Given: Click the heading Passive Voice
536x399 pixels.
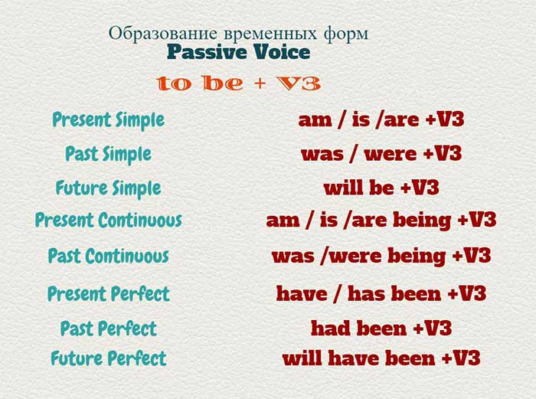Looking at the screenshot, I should click(x=238, y=52).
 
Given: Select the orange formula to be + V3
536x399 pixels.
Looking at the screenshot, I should click(x=238, y=83).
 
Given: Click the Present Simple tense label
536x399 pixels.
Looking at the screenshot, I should click(x=108, y=119).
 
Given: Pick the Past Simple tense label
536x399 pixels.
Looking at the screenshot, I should click(x=108, y=153).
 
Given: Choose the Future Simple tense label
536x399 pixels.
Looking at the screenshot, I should click(x=108, y=188).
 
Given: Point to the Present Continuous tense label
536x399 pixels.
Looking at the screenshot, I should click(x=108, y=221).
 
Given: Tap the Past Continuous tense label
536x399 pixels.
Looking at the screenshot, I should click(x=108, y=255).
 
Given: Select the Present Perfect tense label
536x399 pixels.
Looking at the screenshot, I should click(x=108, y=293).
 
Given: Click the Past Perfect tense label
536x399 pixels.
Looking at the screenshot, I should click(x=108, y=329).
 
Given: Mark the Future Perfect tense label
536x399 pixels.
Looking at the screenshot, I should click(x=108, y=358).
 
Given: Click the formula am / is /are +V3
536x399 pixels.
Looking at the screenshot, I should click(x=381, y=120).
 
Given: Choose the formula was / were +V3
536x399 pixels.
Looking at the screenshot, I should click(x=381, y=153).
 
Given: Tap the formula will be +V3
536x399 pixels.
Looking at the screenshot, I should click(x=381, y=188).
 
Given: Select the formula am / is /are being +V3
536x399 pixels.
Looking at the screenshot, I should click(x=381, y=221).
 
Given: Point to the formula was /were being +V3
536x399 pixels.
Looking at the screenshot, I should click(x=381, y=255).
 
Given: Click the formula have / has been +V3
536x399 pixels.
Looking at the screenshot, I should click(x=381, y=293).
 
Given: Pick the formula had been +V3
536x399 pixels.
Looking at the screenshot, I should click(x=381, y=329).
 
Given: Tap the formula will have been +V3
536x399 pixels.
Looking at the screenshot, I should click(x=381, y=358).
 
